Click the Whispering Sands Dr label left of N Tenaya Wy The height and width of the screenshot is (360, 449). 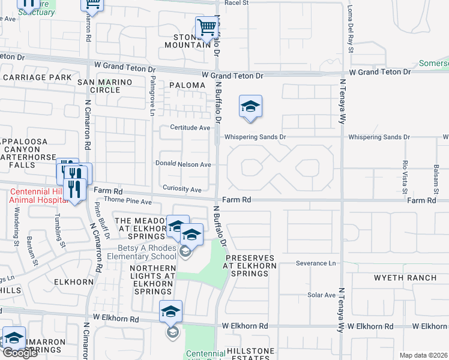tap(255, 137)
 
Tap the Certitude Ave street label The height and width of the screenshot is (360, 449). tap(190, 128)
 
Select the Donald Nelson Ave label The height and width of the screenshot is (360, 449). tap(183, 164)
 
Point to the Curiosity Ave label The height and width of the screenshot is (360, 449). tap(182, 190)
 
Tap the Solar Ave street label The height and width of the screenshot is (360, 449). tap(321, 295)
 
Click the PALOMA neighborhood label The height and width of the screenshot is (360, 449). tap(187, 85)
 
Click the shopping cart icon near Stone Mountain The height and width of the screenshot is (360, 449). tap(206, 27)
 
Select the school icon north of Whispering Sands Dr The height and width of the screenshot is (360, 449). tap(250, 107)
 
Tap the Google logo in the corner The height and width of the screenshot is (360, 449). tap(20, 353)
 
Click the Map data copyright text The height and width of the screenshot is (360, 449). tap(424, 355)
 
